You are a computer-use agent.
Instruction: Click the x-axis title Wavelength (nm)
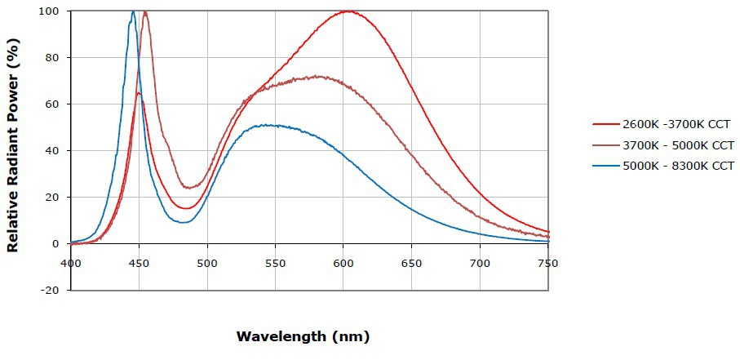[303, 336]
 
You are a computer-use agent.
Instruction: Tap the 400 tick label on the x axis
[71, 263]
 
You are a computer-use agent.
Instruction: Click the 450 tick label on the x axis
[139, 263]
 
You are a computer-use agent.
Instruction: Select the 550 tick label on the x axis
[276, 263]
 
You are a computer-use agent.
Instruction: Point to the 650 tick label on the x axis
[412, 263]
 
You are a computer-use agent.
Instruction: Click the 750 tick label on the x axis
[548, 263]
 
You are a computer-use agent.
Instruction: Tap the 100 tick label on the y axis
[53, 11]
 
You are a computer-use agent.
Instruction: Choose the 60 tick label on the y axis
[56, 104]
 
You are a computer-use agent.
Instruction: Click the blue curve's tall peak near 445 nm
[133, 11]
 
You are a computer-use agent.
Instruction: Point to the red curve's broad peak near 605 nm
[348, 11]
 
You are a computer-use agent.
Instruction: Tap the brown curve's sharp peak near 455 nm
[145, 12]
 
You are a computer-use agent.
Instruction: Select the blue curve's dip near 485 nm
[185, 222]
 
